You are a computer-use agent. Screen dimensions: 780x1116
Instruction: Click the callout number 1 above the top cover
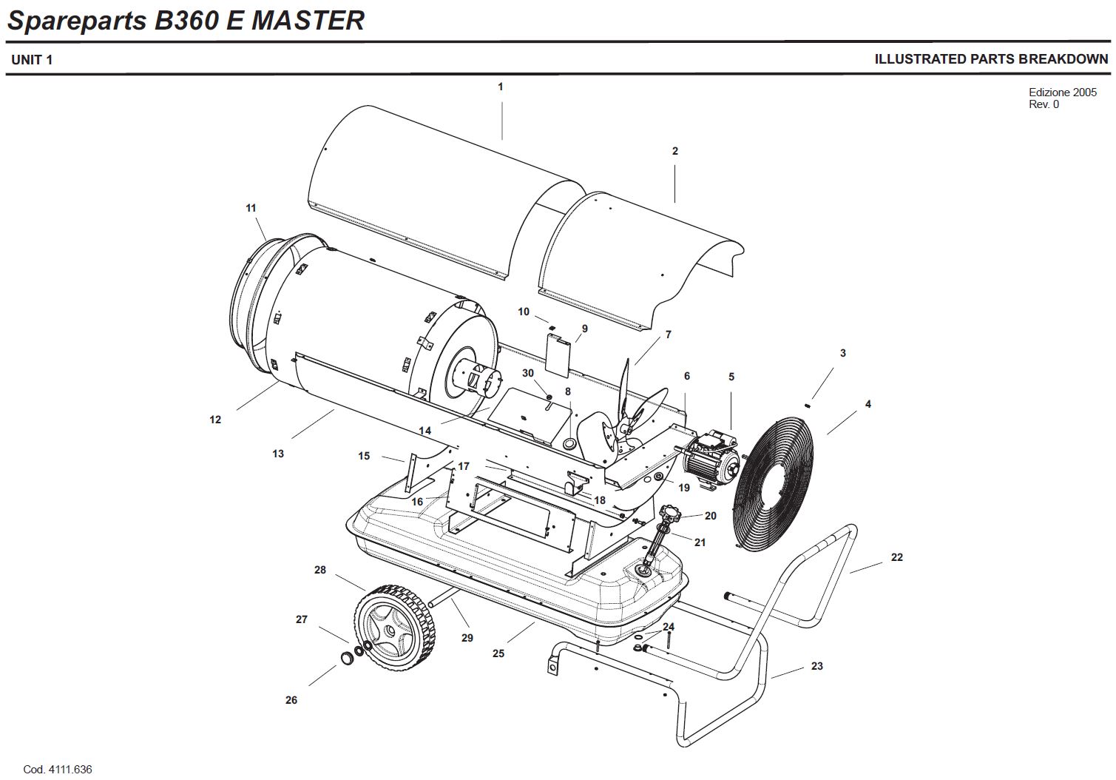(x=500, y=87)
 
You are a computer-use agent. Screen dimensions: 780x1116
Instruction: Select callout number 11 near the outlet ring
(x=251, y=208)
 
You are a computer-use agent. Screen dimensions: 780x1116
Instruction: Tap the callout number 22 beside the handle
(x=896, y=557)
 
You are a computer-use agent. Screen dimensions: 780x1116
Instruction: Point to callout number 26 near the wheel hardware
(x=291, y=700)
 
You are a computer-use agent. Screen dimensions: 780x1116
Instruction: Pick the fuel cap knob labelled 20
(x=672, y=512)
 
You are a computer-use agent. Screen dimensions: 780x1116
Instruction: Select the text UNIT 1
(x=32, y=59)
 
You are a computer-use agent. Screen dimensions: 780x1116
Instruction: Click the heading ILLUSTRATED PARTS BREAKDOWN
(x=991, y=59)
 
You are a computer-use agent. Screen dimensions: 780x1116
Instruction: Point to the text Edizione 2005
(x=1063, y=93)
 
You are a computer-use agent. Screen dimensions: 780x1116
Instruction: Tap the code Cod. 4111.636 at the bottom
(x=58, y=770)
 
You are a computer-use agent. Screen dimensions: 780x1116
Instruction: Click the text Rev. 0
(x=1044, y=104)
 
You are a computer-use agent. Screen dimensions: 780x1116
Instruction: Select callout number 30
(x=528, y=373)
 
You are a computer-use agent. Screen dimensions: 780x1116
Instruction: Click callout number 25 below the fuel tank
(x=498, y=653)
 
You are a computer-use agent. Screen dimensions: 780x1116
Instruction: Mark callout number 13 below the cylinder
(x=278, y=454)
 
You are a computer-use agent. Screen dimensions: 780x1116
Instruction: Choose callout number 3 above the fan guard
(x=842, y=353)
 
